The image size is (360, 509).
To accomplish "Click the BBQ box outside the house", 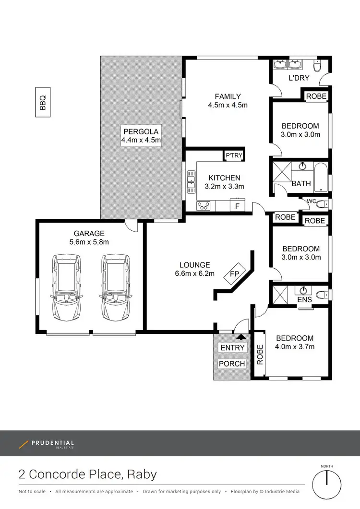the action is pos(43,102).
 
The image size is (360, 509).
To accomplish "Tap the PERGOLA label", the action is pos(141,131).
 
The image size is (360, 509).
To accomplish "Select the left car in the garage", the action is pos(66,288).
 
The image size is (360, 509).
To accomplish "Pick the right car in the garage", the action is pos(116,288).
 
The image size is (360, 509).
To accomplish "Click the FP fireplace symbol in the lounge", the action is pos(235,273).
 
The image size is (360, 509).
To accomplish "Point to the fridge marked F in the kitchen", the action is pos(237,206).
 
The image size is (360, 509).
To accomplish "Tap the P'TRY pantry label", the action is pos(234,155).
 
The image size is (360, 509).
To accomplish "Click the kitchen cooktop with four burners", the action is pos(204,206).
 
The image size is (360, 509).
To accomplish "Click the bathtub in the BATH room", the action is pos(322,177).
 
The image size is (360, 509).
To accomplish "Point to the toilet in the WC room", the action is pos(322,204).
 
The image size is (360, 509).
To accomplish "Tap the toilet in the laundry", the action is pos(317,65).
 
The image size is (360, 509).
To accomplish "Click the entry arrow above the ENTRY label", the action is pos(241,337).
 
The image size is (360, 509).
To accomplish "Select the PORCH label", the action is pos(232,364).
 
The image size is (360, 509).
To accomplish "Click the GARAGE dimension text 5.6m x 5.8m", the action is pos(89,242).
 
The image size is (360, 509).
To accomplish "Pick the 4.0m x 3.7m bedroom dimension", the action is pos(295,347).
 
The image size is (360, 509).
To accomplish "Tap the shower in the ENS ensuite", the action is pos(280,295).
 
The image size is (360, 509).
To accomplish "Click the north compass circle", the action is pos(326,485).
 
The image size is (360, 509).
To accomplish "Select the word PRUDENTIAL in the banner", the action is pos(53,443).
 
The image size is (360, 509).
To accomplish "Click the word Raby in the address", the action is pos(142,474).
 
